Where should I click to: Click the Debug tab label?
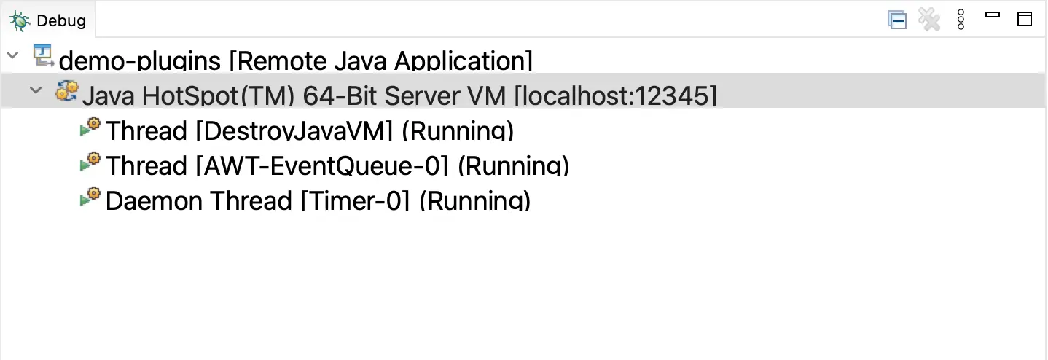(x=61, y=20)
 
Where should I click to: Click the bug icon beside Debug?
(x=20, y=20)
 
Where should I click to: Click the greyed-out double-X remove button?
(x=929, y=20)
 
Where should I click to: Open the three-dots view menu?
(x=961, y=20)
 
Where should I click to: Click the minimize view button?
(x=992, y=15)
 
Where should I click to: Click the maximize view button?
(x=1025, y=20)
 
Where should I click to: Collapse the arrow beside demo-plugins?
(x=12, y=55)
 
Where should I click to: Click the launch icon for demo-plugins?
(x=44, y=55)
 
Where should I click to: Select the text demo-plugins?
(x=139, y=60)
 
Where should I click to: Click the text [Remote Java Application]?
(x=380, y=60)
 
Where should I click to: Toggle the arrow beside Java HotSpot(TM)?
(x=34, y=90)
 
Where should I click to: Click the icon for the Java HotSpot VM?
(x=66, y=91)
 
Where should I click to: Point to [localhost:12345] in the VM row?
(x=616, y=95)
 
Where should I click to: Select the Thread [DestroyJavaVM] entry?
(x=310, y=131)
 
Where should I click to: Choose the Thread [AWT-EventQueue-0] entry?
(x=337, y=166)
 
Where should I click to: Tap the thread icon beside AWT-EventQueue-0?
(x=90, y=161)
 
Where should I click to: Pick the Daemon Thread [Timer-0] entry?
(x=317, y=200)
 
